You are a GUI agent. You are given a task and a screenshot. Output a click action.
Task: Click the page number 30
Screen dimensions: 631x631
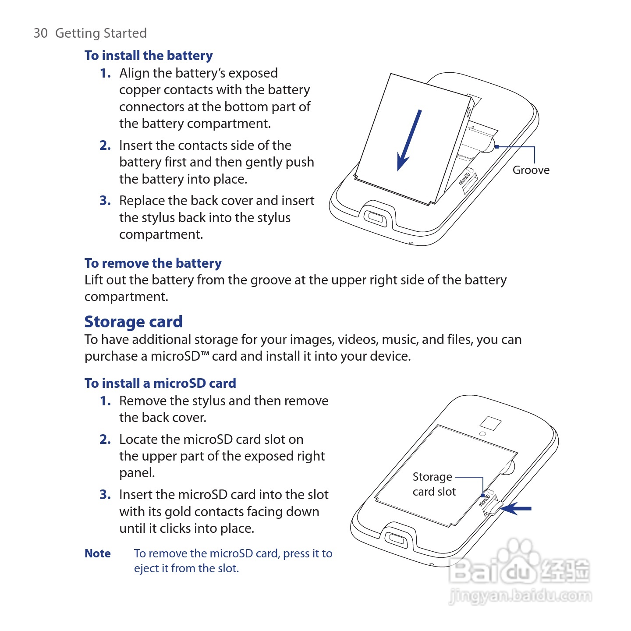[x=40, y=33]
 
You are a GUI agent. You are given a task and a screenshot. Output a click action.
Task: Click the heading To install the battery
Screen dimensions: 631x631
[x=149, y=56]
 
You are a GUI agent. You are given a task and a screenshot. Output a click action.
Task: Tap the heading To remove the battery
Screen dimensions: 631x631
[x=153, y=263]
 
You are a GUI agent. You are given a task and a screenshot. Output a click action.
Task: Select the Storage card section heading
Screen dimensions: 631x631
[x=133, y=322]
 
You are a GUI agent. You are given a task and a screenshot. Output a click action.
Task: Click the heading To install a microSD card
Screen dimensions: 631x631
[x=160, y=383]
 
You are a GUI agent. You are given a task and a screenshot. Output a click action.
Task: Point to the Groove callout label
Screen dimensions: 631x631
[x=531, y=170]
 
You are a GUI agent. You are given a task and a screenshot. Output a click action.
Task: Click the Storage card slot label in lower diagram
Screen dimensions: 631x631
[x=434, y=484]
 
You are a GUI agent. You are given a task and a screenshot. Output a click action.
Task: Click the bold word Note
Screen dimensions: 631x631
[x=97, y=553]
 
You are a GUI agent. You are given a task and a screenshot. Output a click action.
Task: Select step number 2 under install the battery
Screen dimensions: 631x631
[x=105, y=145]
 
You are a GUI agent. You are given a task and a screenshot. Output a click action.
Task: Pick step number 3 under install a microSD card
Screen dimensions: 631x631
[x=105, y=495]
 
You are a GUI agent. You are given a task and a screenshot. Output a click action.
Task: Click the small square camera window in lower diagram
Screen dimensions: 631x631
[x=490, y=423]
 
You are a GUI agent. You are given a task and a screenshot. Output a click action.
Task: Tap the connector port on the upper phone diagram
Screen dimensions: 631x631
[x=375, y=217]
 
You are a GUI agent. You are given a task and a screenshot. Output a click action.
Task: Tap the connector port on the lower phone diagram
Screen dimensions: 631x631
[x=396, y=538]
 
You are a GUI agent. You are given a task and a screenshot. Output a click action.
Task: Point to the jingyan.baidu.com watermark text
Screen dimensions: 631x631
[x=520, y=596]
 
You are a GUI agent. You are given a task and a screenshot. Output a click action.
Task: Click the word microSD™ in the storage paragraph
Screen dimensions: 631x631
[x=180, y=356]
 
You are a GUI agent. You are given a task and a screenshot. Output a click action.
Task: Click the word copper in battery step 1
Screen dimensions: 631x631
[x=139, y=90]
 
